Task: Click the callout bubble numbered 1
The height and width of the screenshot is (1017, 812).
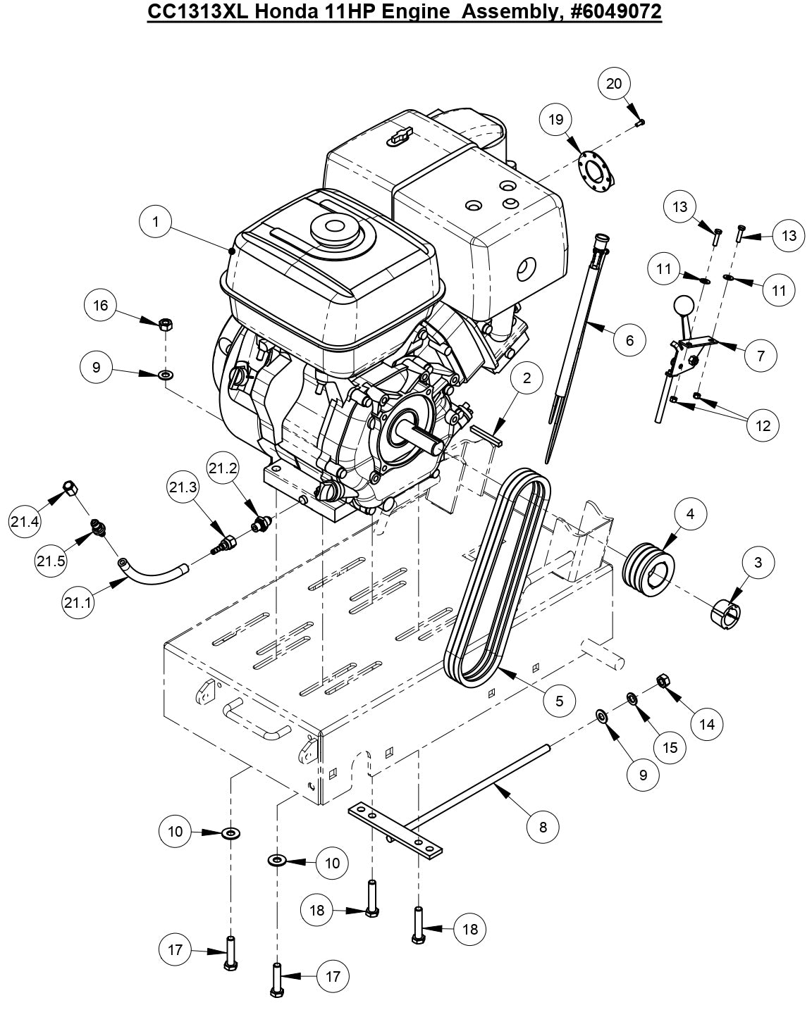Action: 156,222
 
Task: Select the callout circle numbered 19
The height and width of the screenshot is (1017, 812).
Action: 556,120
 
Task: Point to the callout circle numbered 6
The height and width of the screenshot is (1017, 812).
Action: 629,340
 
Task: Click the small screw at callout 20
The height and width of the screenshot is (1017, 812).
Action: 640,123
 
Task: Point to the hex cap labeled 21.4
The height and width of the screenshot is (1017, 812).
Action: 70,487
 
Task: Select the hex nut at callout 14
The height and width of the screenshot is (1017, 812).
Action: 663,680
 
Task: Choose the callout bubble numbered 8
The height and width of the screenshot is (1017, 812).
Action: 543,827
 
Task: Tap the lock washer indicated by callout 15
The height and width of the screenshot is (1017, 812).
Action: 632,699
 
